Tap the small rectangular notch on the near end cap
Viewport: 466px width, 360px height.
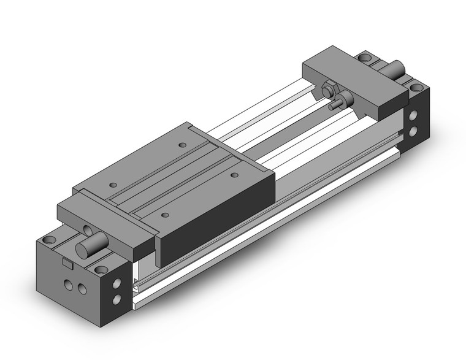[x=67, y=263]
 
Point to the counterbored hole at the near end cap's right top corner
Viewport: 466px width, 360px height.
[x=101, y=269]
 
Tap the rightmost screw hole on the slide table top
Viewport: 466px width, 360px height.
[x=235, y=175]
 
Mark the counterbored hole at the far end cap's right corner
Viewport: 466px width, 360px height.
[x=418, y=86]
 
